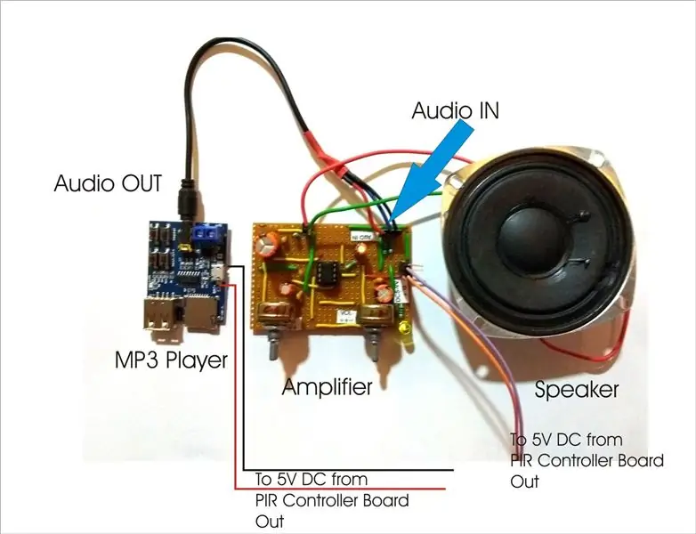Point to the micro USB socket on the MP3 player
pos(219,271)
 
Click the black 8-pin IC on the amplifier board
pos(327,274)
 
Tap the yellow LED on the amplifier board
pos(404,328)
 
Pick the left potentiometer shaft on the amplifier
pos(273,345)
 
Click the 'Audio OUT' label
pos(108,183)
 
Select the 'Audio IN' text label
pos(456,110)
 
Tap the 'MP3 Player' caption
pos(172,360)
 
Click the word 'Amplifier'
pos(328,386)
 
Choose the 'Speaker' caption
pos(577,389)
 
